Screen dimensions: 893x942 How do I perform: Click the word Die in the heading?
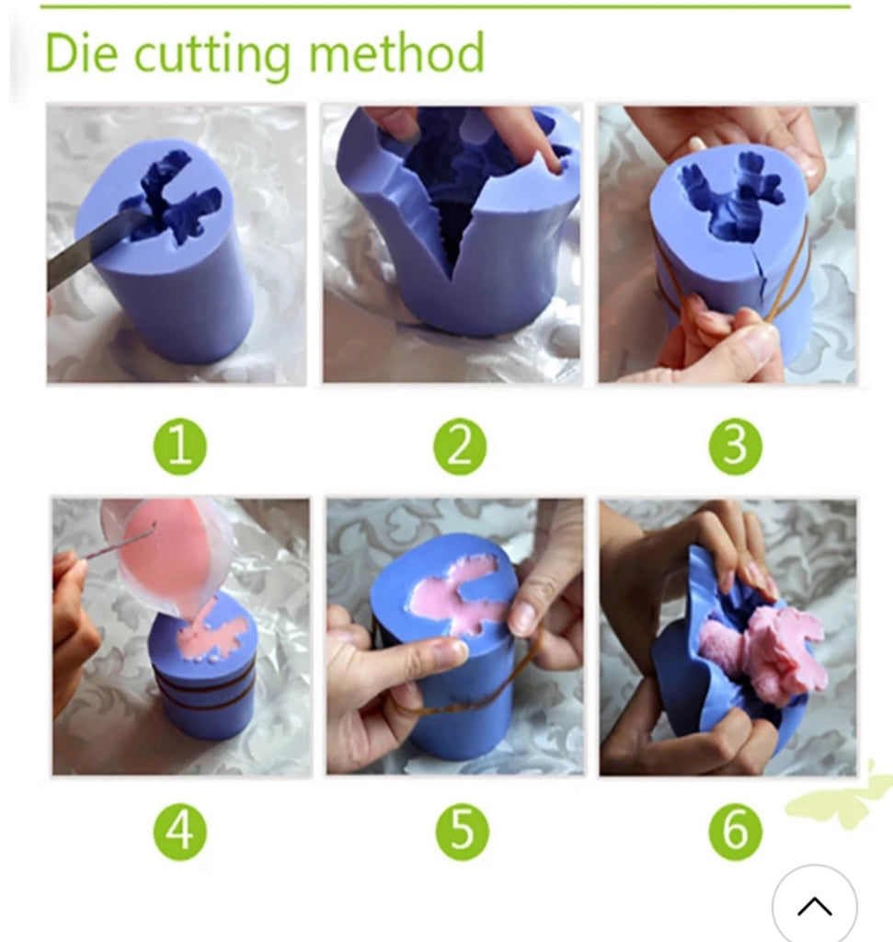[82, 52]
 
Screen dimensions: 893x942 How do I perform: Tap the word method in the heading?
[396, 52]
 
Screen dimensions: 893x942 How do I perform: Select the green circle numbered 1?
[180, 447]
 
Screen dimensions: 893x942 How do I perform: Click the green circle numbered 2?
[460, 447]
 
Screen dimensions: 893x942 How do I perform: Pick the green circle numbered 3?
[736, 447]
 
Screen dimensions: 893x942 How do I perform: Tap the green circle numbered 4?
[180, 832]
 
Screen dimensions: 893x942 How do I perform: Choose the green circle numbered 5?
[462, 832]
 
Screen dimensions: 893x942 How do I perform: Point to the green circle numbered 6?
[736, 832]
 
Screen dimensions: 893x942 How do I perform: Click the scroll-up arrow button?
[814, 906]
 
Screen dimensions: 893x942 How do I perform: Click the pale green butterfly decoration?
[841, 796]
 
